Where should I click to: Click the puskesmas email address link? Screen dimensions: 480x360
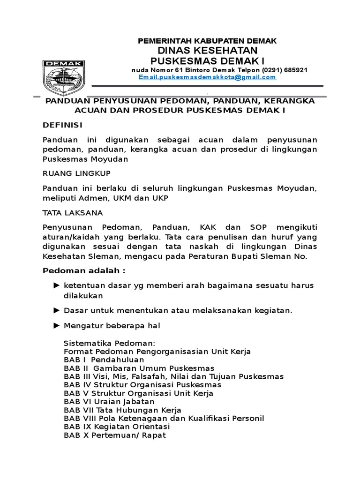(x=207, y=77)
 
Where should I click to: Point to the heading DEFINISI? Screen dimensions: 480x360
(x=63, y=125)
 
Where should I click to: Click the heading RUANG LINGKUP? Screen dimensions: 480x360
(x=76, y=173)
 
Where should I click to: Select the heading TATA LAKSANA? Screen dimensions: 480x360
(x=73, y=212)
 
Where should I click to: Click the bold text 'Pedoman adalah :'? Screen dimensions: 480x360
(x=84, y=271)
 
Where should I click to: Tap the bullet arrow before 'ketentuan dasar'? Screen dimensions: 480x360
(x=57, y=285)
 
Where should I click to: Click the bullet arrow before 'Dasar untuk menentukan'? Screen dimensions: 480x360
(x=57, y=310)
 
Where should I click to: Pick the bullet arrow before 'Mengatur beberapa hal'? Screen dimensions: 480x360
(x=57, y=325)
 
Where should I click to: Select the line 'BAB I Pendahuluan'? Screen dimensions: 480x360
(x=97, y=360)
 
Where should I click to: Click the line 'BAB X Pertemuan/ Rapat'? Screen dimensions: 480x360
(x=115, y=435)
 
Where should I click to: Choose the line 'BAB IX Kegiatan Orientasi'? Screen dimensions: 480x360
(x=117, y=427)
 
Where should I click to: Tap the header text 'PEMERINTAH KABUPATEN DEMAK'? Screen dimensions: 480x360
(x=207, y=41)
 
